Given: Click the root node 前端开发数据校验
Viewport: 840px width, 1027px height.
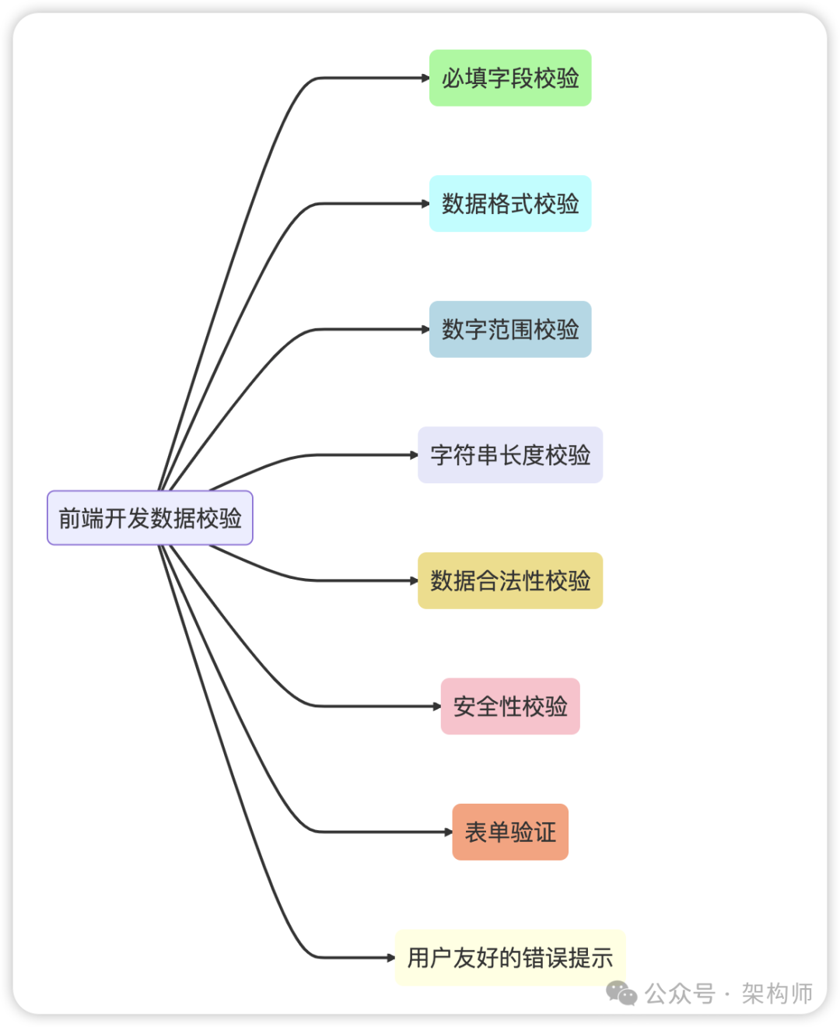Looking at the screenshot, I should click(150, 518).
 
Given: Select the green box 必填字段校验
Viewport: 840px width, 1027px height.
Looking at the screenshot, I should click(510, 78).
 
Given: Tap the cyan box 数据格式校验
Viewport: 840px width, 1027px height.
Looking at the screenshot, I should click(510, 204).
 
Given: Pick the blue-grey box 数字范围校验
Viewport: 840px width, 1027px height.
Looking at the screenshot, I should click(510, 329).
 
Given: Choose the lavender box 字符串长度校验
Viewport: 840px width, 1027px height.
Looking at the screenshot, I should click(510, 455).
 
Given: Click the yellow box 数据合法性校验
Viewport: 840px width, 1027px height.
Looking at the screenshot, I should click(510, 580).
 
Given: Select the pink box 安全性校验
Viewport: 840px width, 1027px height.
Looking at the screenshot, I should click(510, 706).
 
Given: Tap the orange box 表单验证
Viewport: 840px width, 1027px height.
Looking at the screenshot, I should click(510, 832).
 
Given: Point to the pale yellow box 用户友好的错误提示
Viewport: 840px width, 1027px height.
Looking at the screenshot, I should click(510, 958).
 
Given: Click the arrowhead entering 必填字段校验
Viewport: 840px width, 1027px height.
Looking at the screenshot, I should click(425, 78).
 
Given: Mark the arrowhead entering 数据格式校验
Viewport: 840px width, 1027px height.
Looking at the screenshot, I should click(425, 204).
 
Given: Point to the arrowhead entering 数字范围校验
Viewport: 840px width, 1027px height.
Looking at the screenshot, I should click(425, 329).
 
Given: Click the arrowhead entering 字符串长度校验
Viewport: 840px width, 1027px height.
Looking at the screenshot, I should click(414, 455).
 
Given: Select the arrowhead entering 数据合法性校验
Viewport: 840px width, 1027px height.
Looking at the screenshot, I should click(414, 580).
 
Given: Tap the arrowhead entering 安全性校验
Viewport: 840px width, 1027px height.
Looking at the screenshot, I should click(436, 706).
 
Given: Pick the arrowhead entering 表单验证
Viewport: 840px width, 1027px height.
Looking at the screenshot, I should click(448, 832).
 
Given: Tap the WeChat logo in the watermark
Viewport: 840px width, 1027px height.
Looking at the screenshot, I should click(621, 994).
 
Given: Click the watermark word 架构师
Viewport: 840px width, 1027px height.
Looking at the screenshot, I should click(776, 994).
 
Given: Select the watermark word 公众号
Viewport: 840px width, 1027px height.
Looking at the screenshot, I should click(680, 994).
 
